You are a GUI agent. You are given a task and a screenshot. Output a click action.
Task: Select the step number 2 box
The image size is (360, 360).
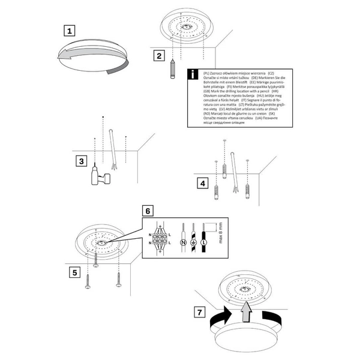(159, 56)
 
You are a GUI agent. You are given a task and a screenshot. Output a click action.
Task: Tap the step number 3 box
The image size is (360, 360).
(83, 161)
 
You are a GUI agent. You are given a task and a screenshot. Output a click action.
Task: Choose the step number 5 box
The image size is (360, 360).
(74, 272)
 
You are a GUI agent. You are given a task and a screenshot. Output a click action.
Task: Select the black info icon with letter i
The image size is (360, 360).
(192, 75)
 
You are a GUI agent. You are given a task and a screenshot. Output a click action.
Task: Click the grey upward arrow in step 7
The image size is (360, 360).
(245, 311)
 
